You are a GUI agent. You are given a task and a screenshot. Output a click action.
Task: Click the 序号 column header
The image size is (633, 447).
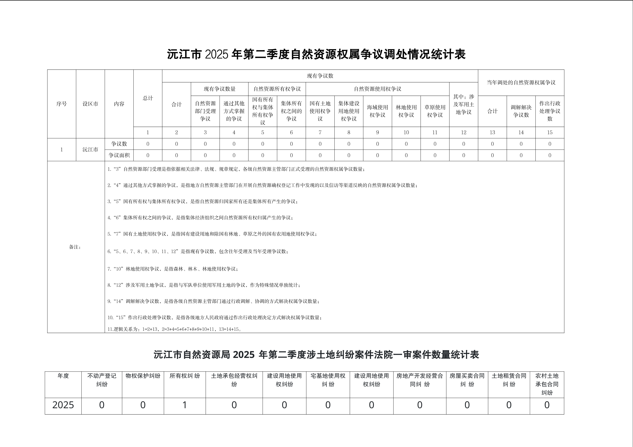pyautogui.click(x=61, y=104)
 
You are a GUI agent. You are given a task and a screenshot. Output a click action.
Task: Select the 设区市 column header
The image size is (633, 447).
pyautogui.click(x=90, y=104)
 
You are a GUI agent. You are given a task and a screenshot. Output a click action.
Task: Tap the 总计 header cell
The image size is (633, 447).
pyautogui.click(x=148, y=98)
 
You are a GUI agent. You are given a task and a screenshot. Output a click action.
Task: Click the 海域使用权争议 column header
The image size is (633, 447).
pyautogui.click(x=377, y=111)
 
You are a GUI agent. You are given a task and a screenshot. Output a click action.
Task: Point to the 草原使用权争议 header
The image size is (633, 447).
pyautogui.click(x=435, y=111)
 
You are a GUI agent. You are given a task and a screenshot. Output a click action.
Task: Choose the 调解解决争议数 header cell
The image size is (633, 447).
pyautogui.click(x=521, y=111)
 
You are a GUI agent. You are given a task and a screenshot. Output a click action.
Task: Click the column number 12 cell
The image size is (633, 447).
pyautogui.click(x=463, y=133)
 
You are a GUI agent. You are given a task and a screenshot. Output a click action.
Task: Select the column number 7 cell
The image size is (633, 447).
pyautogui.click(x=320, y=133)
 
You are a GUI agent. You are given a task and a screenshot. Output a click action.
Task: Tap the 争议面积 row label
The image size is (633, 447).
pyautogui.click(x=119, y=155)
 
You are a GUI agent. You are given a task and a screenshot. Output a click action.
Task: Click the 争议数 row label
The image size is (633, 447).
pyautogui.click(x=119, y=144)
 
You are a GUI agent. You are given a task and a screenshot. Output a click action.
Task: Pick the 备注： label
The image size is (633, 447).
pyautogui.click(x=75, y=247)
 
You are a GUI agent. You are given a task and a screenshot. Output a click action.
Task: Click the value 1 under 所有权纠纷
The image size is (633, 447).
pyautogui.click(x=184, y=405)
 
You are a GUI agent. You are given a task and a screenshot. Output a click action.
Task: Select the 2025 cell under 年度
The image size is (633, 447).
pyautogui.click(x=63, y=405)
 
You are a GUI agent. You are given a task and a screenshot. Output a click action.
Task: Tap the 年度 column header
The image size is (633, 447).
pyautogui.click(x=63, y=376)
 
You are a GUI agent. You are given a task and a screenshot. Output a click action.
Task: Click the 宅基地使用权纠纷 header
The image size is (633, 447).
pyautogui.click(x=328, y=380)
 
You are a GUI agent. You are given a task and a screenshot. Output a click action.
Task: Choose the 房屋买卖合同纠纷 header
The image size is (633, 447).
pyautogui.click(x=467, y=380)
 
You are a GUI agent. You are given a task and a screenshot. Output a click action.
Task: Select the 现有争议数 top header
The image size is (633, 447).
pyautogui.click(x=320, y=76)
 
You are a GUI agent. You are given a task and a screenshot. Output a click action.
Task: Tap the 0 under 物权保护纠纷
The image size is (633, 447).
pyautogui.click(x=143, y=405)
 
